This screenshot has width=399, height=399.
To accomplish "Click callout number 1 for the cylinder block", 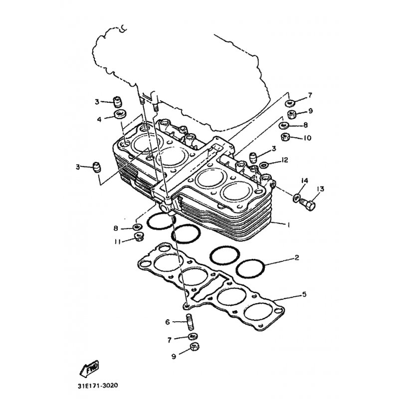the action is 289,225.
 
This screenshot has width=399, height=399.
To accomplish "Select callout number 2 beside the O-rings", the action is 297,257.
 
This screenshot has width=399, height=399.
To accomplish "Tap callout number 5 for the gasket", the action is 304,294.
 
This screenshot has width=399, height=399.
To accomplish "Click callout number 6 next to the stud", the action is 168,322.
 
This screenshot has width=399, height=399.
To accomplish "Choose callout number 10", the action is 307,138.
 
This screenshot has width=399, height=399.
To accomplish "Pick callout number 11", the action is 117,242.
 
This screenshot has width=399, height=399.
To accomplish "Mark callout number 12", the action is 284,160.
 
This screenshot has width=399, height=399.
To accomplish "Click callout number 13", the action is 320,189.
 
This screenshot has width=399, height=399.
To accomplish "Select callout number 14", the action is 305,181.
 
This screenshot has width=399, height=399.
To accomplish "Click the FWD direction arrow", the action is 89,369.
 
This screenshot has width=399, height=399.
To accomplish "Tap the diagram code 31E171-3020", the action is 98,386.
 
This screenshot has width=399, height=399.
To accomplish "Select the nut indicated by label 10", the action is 285,138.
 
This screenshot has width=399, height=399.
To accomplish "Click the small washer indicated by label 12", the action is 264,166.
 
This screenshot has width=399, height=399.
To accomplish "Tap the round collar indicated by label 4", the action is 120,114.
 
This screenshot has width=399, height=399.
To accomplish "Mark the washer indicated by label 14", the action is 296,198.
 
